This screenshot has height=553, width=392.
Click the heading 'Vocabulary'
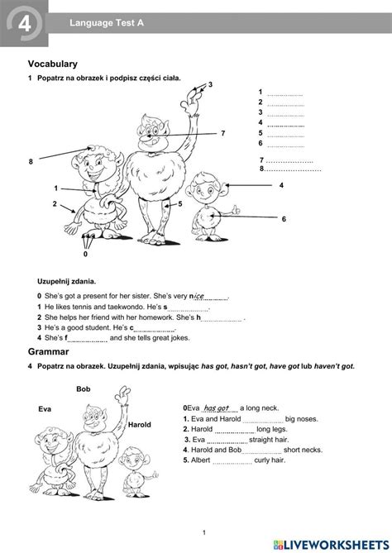point(52,63)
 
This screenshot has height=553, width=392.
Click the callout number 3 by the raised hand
point(210,84)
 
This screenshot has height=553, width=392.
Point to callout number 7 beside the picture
point(222,133)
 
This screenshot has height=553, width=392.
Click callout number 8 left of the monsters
point(31,162)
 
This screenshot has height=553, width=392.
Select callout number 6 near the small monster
point(283,218)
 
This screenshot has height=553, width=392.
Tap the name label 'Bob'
point(83,389)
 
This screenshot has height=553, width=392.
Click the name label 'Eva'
point(45,409)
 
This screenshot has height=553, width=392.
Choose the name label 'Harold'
point(140,424)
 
